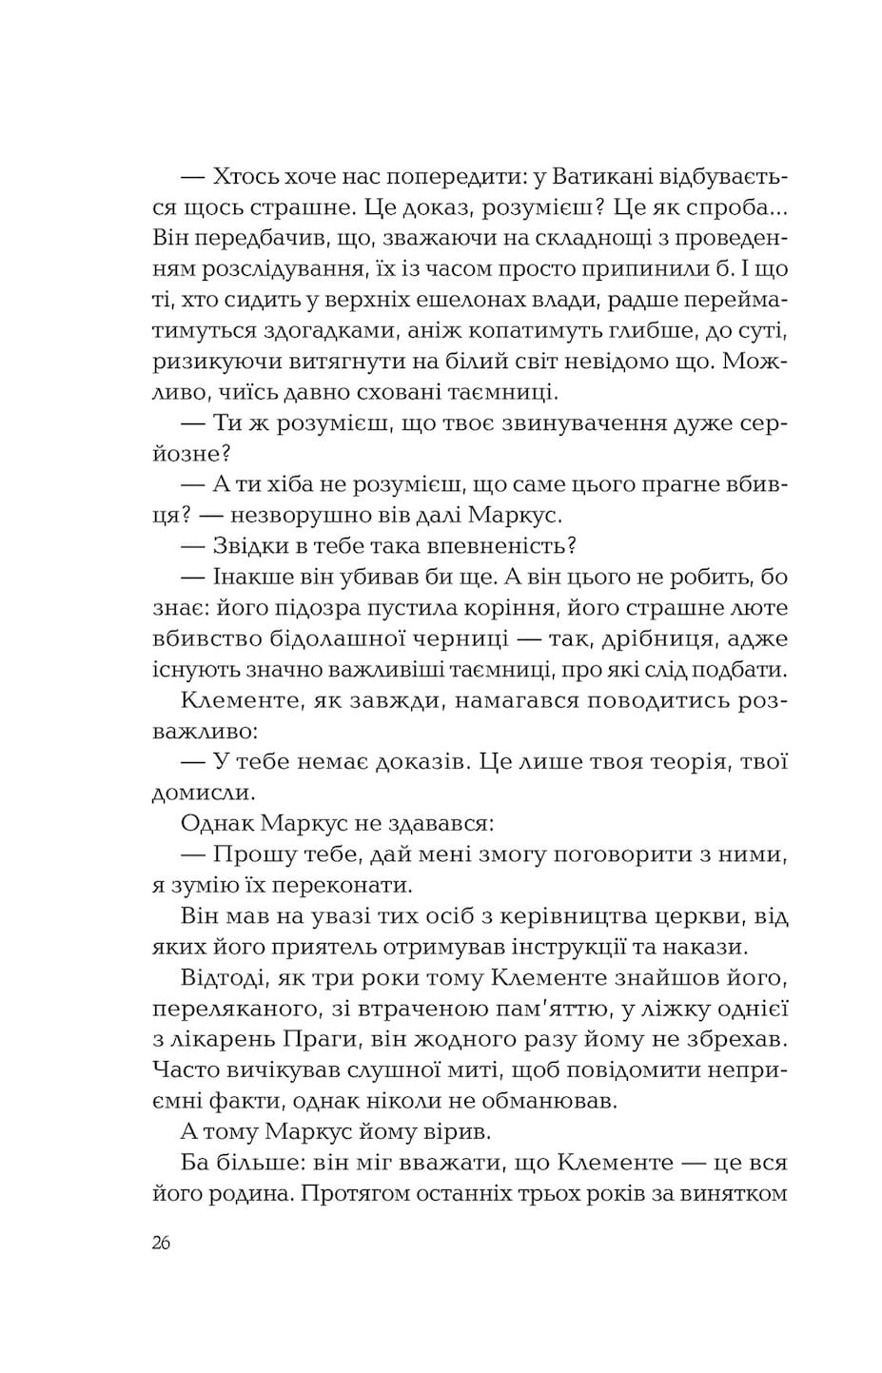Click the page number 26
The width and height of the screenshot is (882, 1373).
[161, 1243]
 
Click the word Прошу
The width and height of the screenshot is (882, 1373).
[250, 853]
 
